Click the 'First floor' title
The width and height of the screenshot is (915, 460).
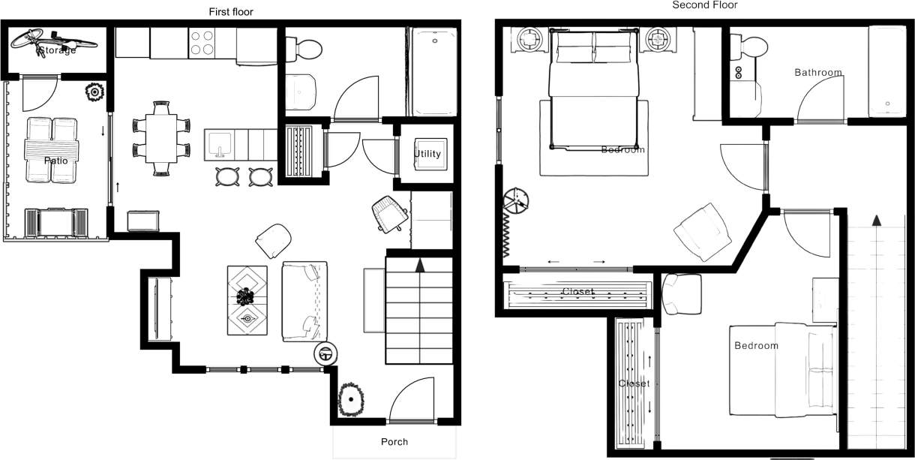coord(231,11)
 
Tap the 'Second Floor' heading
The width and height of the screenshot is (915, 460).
coord(704,5)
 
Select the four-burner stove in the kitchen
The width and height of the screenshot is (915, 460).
coord(202,43)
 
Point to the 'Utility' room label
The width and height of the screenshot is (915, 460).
coord(427,154)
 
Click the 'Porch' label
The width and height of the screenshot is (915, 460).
coord(394,441)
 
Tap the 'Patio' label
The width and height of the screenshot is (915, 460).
coord(55,161)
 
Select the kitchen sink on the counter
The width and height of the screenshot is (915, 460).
coord(220,142)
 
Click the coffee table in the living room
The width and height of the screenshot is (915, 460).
coord(247,300)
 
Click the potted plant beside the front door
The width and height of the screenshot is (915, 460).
coord(350,400)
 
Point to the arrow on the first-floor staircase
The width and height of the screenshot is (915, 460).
coord(420,265)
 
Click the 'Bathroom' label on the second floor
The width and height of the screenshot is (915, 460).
coord(817,73)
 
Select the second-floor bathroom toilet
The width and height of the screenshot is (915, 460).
coord(750,48)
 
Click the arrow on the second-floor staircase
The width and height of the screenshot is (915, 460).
coord(874,220)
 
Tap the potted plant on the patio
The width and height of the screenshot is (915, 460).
coord(94,92)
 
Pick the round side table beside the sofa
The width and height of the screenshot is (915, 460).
coord(326,353)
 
